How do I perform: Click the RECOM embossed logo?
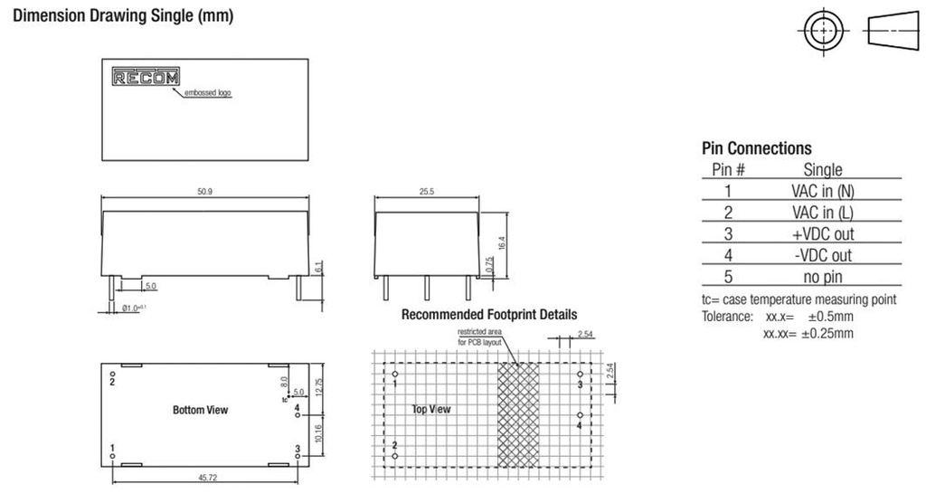146,77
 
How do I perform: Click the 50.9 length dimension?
205,192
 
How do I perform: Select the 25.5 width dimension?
427,192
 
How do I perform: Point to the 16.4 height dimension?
502,243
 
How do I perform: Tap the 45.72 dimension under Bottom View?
207,478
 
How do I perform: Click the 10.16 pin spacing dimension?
318,433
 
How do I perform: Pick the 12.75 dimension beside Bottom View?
319,387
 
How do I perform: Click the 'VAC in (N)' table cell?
823,191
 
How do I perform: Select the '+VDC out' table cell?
823,234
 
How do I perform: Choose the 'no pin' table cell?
823,277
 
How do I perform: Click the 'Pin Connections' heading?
757,147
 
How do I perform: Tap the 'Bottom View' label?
200,410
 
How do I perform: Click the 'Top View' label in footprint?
431,409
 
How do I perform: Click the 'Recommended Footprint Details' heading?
489,315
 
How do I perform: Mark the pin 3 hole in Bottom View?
298,456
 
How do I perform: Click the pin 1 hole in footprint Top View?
395,375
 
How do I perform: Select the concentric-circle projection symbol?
823,31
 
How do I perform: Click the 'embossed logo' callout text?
208,93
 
